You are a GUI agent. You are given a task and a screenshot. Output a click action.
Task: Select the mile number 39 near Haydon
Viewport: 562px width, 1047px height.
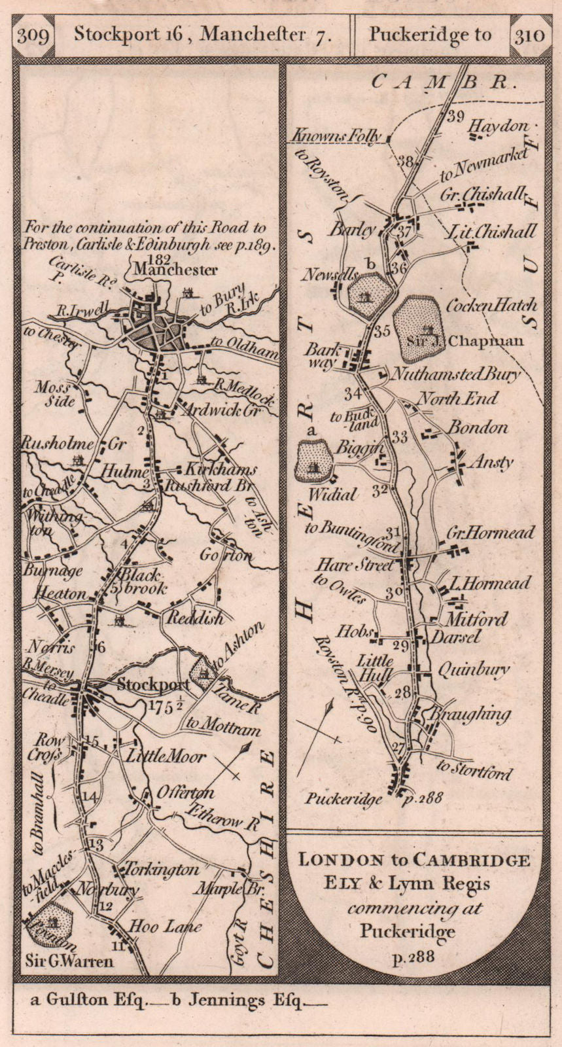pyautogui.click(x=455, y=117)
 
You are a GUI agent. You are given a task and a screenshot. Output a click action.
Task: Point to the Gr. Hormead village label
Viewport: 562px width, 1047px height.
pyautogui.click(x=489, y=534)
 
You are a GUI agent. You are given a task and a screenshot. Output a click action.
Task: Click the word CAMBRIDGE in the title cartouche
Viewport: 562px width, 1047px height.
pyautogui.click(x=475, y=860)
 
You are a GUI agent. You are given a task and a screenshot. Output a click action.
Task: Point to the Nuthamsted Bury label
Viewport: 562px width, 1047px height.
pyautogui.click(x=455, y=374)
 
